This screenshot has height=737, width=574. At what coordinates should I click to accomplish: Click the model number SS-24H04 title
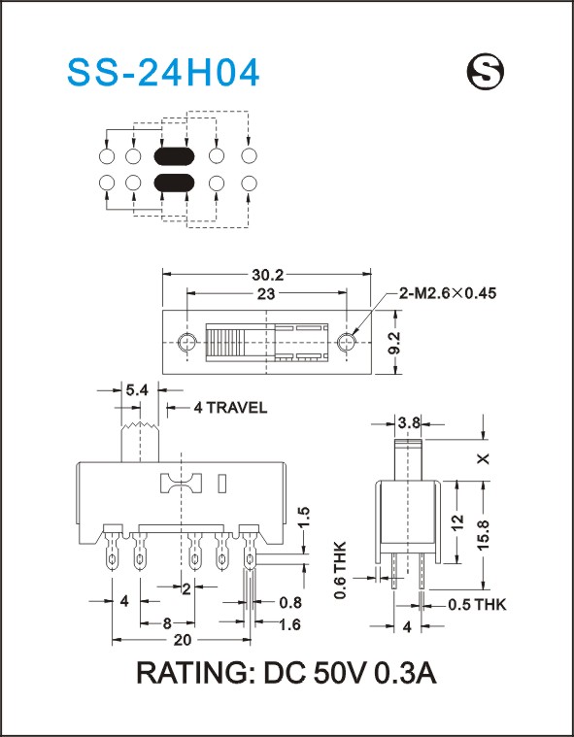[x=163, y=73]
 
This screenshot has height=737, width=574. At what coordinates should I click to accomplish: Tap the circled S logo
[x=486, y=71]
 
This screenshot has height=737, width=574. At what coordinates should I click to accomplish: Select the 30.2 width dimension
[x=266, y=275]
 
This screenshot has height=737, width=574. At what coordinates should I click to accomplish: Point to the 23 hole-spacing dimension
[x=266, y=294]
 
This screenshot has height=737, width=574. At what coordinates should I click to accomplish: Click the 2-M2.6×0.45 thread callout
[x=448, y=293]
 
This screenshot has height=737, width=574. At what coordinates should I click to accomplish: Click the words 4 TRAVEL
[x=230, y=408]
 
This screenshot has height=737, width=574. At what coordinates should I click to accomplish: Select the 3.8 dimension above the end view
[x=409, y=423]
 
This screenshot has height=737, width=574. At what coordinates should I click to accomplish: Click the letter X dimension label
[x=483, y=458]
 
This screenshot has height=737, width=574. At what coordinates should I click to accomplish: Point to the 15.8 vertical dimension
[x=483, y=535]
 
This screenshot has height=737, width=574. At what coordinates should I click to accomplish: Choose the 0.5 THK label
[x=477, y=604]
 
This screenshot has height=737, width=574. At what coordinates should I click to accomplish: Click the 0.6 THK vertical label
[x=340, y=570]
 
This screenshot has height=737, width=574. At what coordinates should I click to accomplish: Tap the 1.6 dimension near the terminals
[x=289, y=624]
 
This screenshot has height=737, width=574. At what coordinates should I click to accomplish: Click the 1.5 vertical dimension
[x=304, y=518]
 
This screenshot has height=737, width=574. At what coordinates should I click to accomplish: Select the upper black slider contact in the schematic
[x=174, y=156]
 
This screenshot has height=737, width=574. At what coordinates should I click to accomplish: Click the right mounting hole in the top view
[x=346, y=342]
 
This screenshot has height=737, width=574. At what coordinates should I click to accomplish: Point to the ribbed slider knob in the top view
[x=226, y=343]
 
